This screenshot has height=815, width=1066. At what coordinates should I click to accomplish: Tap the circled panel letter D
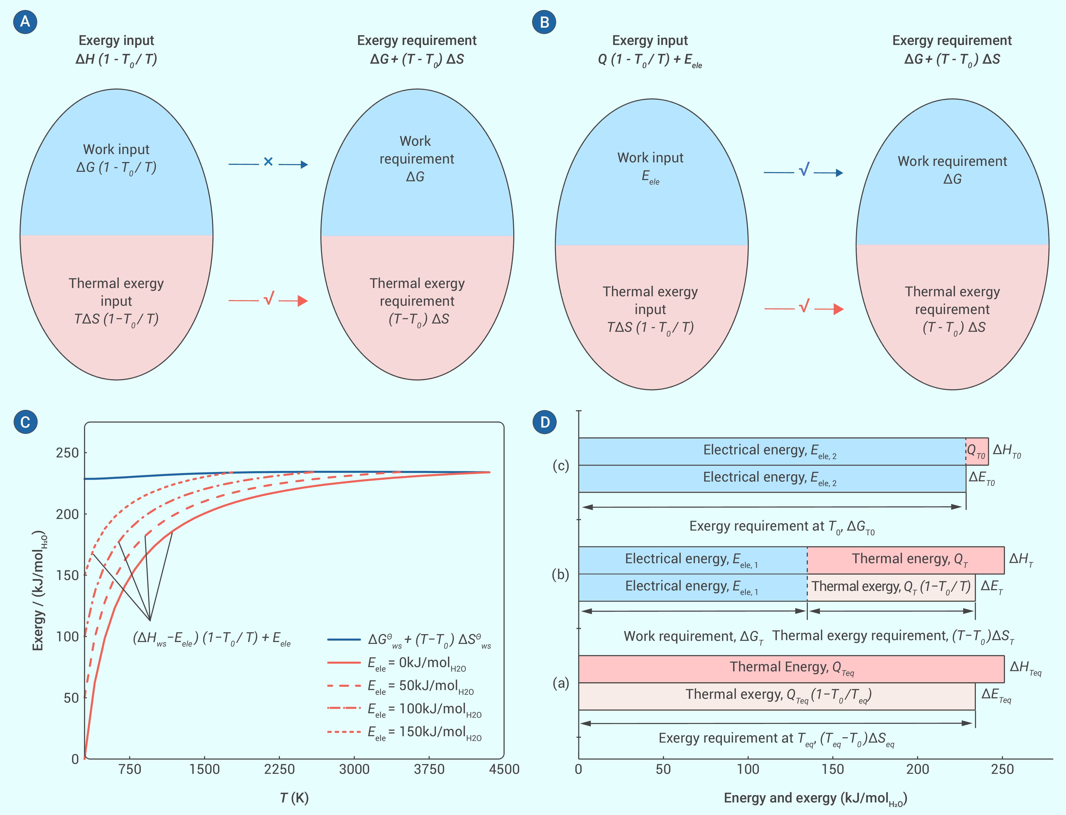545,421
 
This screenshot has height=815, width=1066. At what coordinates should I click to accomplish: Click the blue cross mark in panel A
268,162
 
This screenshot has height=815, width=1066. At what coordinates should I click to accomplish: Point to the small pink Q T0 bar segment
977,451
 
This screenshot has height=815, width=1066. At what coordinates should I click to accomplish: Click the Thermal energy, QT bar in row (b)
905,560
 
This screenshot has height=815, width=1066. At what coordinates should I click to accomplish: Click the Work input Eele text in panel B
650,167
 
